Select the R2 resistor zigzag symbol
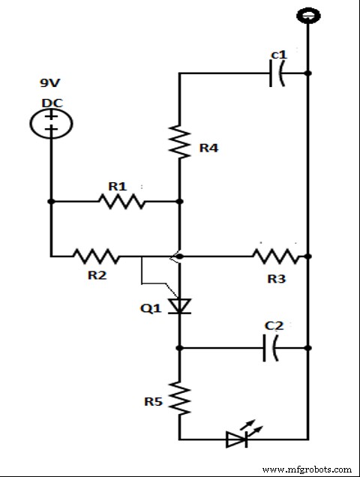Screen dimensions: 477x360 [x=95, y=256]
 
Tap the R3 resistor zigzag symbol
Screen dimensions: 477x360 [x=276, y=256]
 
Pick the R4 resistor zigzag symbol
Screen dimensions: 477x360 [x=180, y=140]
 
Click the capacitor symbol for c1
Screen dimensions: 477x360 [x=278, y=73]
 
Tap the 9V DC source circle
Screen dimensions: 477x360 [x=51, y=121]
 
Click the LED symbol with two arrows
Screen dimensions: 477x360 [x=238, y=437]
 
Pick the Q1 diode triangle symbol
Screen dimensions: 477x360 [x=179, y=305]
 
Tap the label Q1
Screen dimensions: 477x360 [x=152, y=307]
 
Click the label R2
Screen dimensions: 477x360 [x=97, y=276]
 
